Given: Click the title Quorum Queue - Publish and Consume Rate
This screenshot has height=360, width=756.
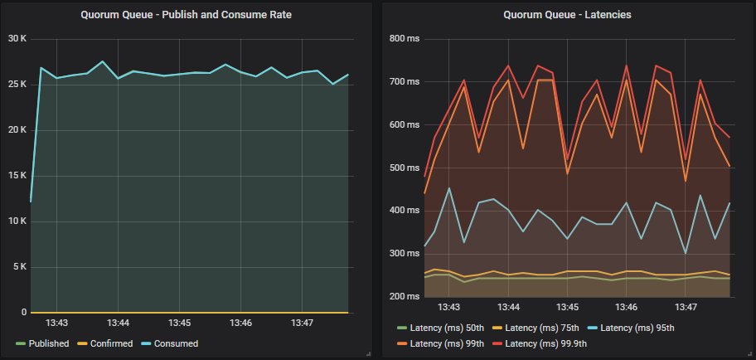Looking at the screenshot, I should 186,14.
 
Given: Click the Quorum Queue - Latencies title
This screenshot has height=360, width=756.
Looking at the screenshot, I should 567,14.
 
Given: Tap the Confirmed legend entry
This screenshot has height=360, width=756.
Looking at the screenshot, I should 110,343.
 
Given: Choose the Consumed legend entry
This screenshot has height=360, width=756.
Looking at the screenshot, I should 174,343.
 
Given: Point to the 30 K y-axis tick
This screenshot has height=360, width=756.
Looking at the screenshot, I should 17,38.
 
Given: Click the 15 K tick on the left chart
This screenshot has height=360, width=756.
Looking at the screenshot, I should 17,176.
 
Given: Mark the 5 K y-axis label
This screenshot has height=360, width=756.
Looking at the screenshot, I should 18,267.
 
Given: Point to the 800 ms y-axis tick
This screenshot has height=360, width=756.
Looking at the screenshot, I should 405,38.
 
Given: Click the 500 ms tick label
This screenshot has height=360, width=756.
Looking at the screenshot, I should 405,168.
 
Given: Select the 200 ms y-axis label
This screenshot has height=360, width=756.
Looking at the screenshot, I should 405,296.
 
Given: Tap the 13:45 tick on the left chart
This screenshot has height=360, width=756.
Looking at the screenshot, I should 180,322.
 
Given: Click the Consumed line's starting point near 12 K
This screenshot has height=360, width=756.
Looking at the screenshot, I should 31,202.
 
